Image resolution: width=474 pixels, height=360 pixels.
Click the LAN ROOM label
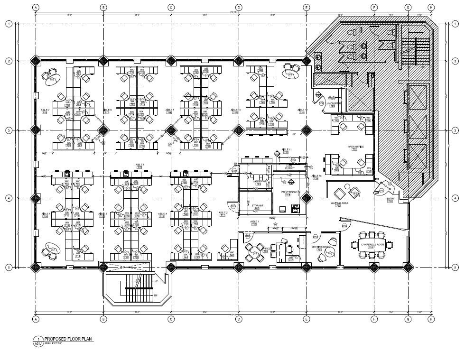[x=258, y=181]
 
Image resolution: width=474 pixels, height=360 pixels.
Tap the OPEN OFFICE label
[x=355, y=148]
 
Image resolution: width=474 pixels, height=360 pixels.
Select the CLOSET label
[x=290, y=168]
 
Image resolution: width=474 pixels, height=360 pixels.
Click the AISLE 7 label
[x=45, y=110]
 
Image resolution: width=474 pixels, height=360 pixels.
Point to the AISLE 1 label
[x=255, y=222]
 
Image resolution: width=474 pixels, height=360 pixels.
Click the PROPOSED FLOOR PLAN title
[x=68, y=339]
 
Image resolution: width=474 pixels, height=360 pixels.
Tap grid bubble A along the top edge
[x=36, y=8]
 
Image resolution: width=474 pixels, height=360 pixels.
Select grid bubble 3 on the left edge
[x=9, y=130]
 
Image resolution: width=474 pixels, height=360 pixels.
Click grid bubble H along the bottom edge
[x=431, y=319]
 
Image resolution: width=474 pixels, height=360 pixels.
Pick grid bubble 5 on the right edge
[x=455, y=268]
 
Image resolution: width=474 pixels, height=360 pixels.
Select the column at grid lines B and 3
[x=103, y=130]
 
